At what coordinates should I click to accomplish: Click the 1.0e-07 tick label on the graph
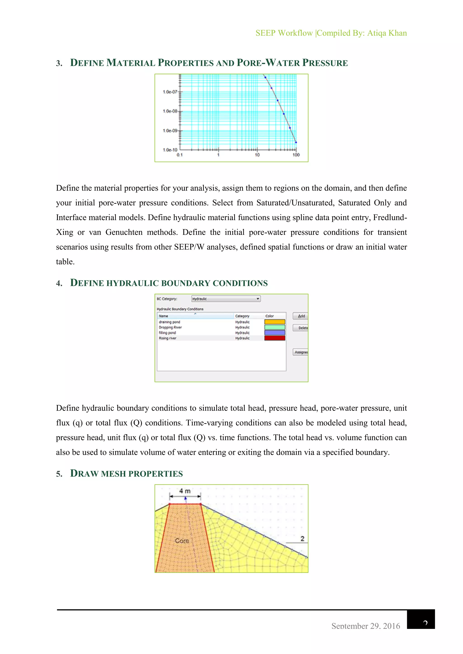[170, 92]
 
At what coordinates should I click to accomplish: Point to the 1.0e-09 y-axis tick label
[170, 131]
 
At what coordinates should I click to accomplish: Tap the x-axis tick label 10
[257, 155]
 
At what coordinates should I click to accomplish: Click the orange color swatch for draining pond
[274, 322]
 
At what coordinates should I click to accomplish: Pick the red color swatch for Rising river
[274, 338]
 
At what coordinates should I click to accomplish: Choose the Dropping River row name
[170, 327]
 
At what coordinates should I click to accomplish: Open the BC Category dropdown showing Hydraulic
[226, 299]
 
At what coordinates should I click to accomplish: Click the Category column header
[242, 316]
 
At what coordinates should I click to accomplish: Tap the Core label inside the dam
[182, 540]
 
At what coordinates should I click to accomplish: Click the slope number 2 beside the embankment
[302, 538]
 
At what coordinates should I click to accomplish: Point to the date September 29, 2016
[366, 626]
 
